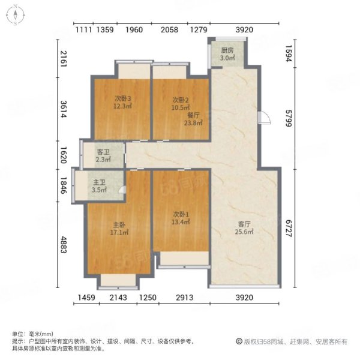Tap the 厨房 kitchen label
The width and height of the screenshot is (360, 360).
coord(227,50)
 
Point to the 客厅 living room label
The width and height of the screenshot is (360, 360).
coord(243,224)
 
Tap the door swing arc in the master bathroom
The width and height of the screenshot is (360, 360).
coord(122,190)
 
